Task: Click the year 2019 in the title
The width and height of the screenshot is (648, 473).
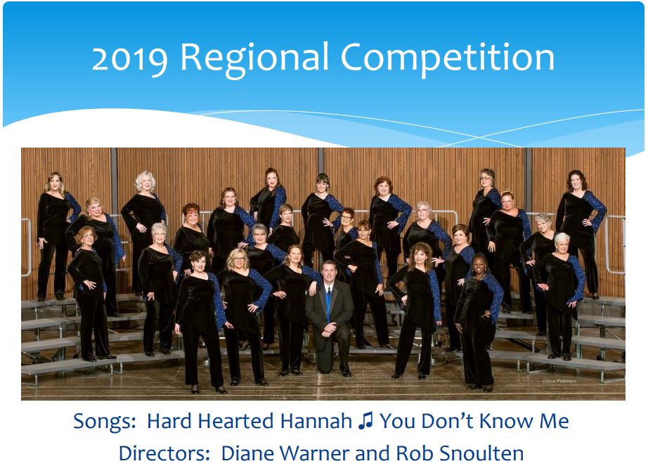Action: pos(130,58)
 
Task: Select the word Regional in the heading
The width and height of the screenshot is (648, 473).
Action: pos(254,58)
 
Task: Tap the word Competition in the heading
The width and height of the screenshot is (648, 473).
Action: pos(448,58)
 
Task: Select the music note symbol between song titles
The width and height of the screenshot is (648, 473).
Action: pos(365,421)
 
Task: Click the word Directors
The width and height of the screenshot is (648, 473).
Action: pos(164,453)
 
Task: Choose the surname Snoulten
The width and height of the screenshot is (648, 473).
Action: pos(481,453)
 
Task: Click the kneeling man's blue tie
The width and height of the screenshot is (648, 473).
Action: pos(328,304)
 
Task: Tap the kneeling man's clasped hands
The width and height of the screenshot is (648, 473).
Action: pos(330,329)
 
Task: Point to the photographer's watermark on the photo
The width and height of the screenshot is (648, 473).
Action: pos(559,381)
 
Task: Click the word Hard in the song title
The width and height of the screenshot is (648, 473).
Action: pos(170,421)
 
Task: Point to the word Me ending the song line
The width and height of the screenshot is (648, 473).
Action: pos(555,421)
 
